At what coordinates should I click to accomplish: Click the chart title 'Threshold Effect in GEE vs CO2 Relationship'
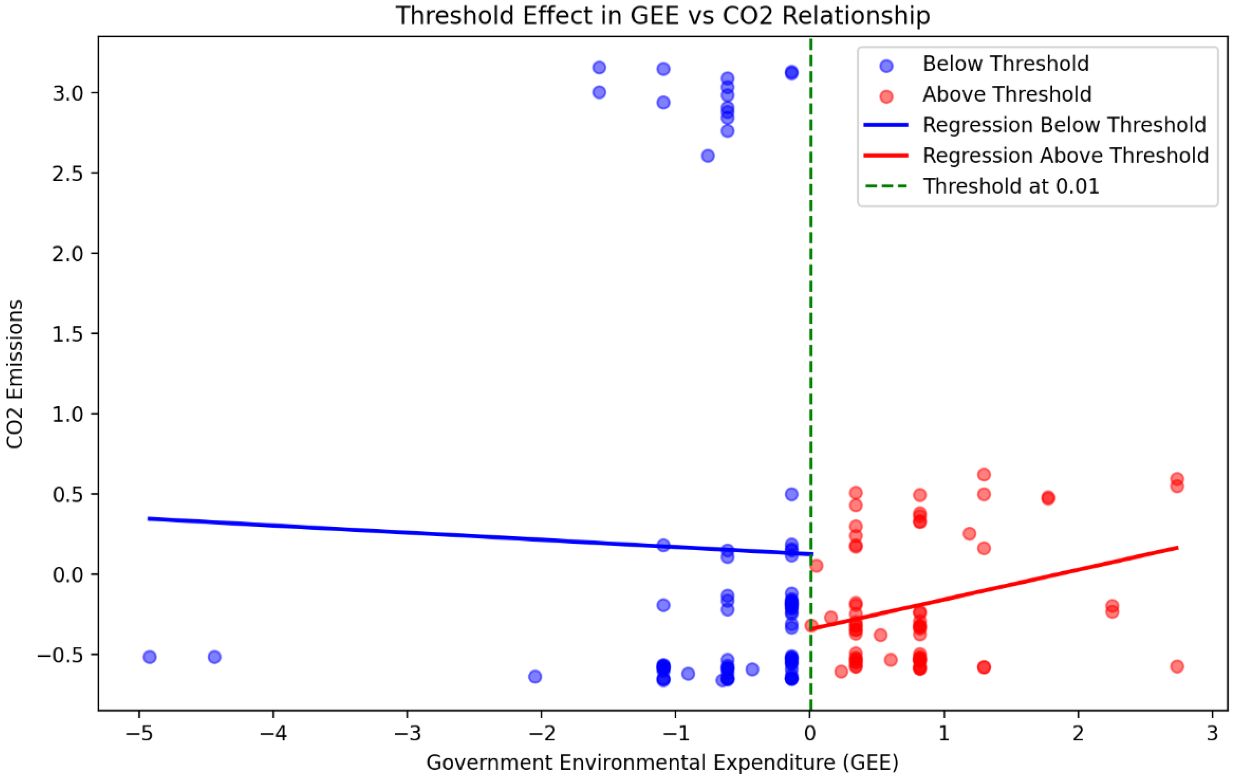point(662,15)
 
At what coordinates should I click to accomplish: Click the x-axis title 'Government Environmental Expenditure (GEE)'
point(662,763)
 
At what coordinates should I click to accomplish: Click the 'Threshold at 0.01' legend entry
point(1011,186)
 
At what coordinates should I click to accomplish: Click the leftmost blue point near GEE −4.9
point(149,657)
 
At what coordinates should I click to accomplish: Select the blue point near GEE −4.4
point(214,657)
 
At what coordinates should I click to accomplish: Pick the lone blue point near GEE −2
point(535,676)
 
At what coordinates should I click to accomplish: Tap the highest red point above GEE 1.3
point(984,475)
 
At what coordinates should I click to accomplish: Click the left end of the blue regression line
point(149,519)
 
